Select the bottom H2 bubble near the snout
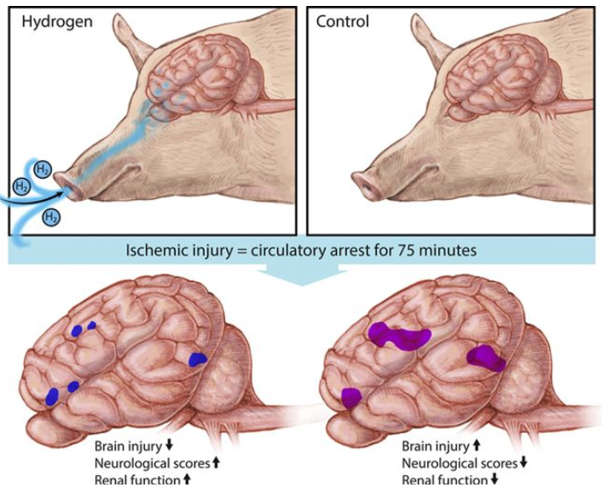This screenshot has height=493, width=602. (x=51, y=216)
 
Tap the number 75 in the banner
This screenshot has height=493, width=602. (x=403, y=252)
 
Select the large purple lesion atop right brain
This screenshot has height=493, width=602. (x=399, y=335)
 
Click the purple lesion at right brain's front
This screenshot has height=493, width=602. (x=350, y=396)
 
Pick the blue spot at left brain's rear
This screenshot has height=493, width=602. (x=197, y=358)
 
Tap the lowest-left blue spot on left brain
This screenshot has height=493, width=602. (x=52, y=395)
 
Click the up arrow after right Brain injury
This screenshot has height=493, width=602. (x=477, y=445)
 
